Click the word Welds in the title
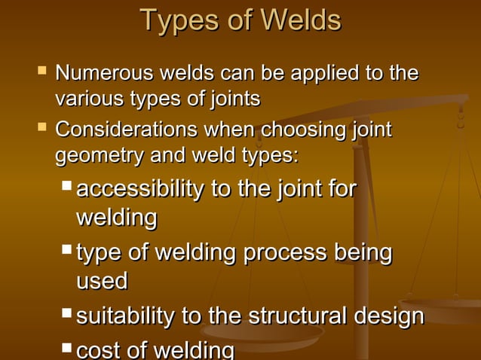[300, 20]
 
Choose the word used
[102, 281]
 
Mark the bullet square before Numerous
[41, 72]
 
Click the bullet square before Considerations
[41, 128]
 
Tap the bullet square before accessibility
[67, 185]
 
